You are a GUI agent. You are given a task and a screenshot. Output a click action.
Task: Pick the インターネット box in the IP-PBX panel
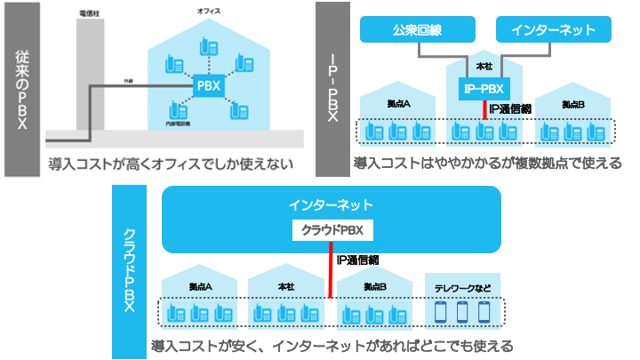tap(553, 30)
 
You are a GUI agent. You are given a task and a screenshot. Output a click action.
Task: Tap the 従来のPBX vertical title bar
tap(21, 89)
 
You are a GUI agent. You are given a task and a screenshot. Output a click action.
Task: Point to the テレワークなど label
tap(462, 287)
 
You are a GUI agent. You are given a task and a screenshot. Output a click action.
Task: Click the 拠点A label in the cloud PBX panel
tap(201, 287)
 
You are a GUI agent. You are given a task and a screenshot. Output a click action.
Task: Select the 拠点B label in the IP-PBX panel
tap(573, 105)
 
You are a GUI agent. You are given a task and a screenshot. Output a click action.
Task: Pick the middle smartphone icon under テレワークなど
tap(461, 312)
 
